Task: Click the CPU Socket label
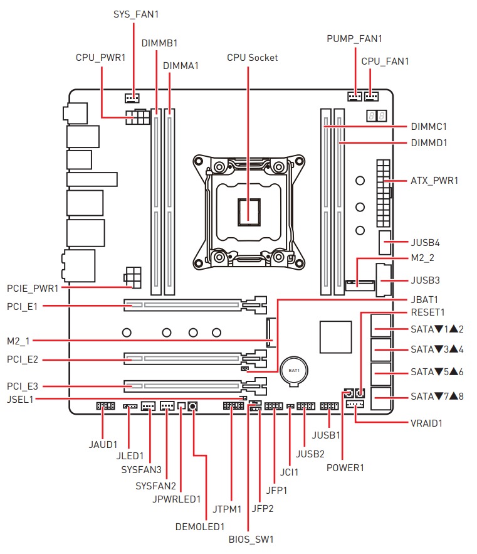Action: coord(252,58)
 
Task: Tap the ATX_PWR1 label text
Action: coord(434,181)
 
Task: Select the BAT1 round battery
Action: coord(294,370)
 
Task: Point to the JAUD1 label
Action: coord(103,444)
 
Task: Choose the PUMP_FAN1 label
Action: coord(354,39)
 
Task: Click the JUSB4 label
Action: coord(427,242)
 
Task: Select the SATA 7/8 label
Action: coord(436,397)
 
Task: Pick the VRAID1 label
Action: coord(426,423)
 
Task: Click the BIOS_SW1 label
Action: coord(251,538)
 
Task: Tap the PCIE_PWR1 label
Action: coord(33,289)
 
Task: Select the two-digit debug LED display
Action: coord(376,117)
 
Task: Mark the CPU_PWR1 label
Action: coord(100,57)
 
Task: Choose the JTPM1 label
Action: coord(226,509)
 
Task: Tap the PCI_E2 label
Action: coord(23,361)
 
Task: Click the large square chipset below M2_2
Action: coord(335,337)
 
